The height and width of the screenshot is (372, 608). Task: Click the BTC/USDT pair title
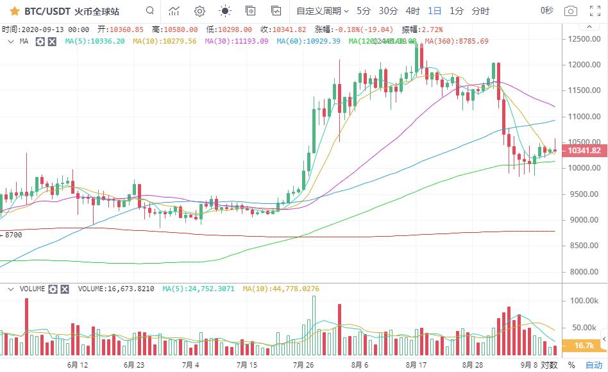47,11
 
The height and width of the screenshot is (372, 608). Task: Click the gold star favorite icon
14,11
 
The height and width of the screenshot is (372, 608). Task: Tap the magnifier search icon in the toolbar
149,11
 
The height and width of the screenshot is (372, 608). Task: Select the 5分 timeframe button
364,11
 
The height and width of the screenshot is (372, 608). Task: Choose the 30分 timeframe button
388,11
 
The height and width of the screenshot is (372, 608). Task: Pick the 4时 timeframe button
413,11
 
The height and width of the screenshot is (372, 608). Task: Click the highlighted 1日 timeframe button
435,11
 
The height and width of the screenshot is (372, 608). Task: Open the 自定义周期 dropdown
322,11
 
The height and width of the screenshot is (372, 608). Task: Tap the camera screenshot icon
570,11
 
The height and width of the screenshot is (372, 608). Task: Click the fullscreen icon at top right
595,11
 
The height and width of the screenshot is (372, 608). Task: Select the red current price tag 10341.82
584,151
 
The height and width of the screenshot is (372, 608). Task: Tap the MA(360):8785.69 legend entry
456,41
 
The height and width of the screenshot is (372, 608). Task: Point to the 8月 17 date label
416,365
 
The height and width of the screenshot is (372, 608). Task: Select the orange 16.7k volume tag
584,346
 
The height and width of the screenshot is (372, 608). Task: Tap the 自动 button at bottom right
594,365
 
